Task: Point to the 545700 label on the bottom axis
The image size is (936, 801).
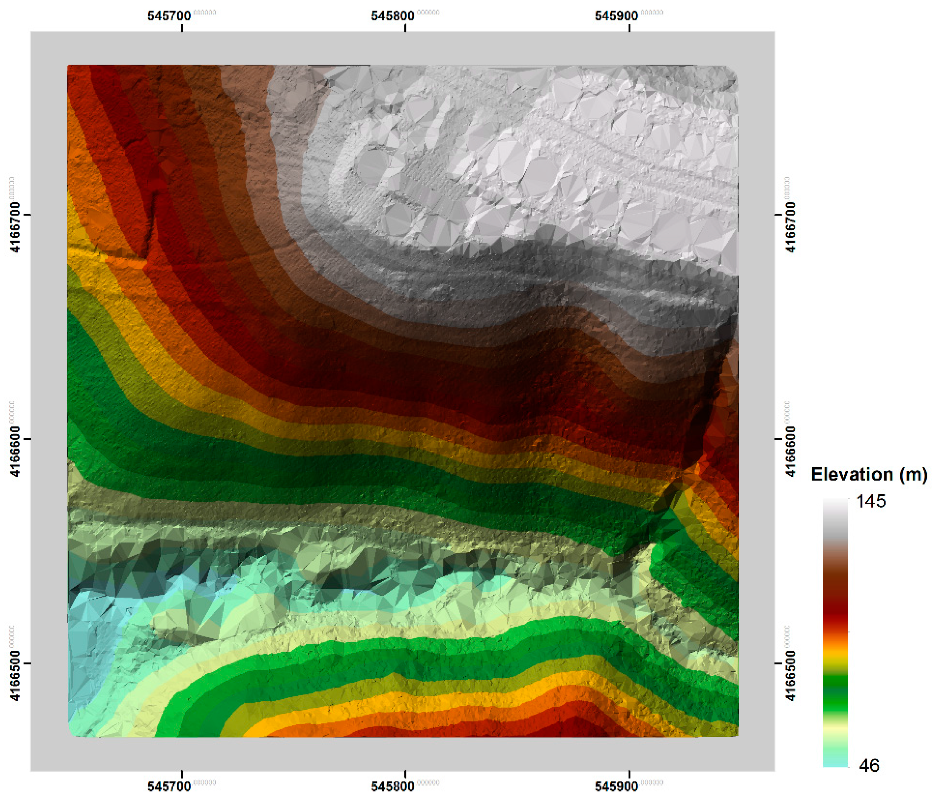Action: [x=170, y=786]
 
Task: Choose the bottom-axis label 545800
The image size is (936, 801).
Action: [x=393, y=786]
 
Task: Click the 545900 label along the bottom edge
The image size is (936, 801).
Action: [x=616, y=786]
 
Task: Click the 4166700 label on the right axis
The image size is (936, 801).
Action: [x=790, y=227]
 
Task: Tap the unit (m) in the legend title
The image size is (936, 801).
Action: [x=913, y=474]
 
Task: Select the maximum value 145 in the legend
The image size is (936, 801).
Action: [x=871, y=502]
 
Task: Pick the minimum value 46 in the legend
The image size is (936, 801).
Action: [x=869, y=765]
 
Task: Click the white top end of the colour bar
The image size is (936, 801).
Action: [x=835, y=502]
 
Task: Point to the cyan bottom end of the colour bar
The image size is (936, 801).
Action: [x=835, y=763]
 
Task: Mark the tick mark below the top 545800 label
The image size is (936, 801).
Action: [x=405, y=27]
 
